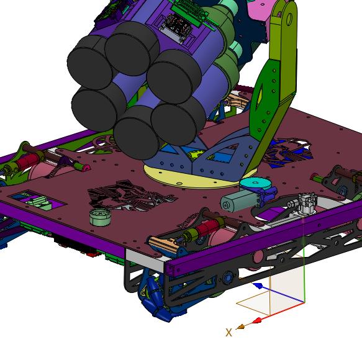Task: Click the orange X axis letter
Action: (229, 333)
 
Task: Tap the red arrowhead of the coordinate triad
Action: (257, 320)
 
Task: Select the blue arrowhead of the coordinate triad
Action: (258, 286)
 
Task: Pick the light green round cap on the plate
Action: (100, 217)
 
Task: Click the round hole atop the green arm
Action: (289, 19)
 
